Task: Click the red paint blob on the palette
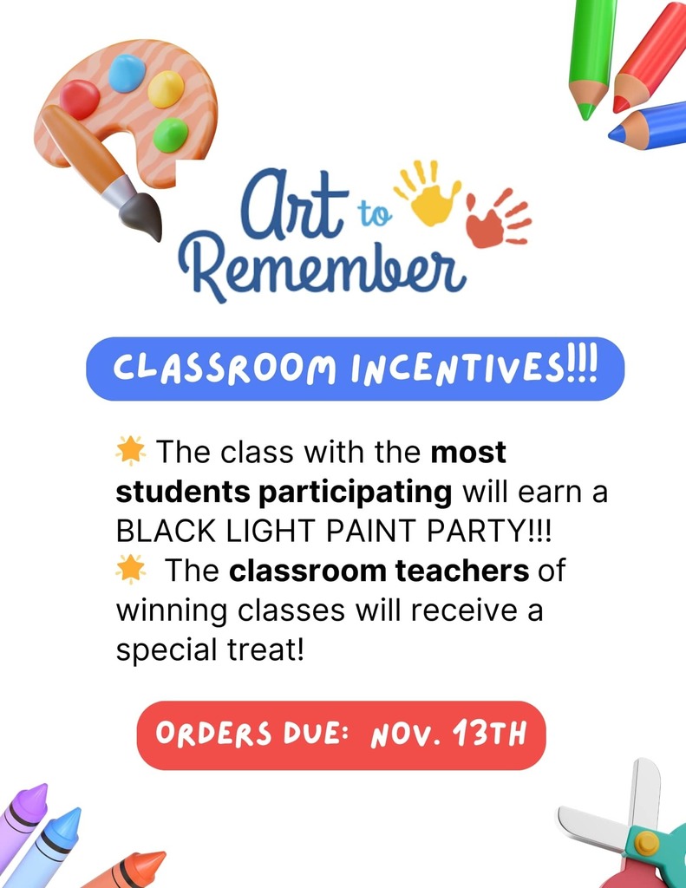(80, 99)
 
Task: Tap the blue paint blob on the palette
(127, 73)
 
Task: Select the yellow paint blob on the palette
(166, 89)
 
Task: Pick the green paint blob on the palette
(171, 134)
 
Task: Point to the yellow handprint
(428, 193)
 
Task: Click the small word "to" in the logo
(375, 214)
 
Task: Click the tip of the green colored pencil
(587, 116)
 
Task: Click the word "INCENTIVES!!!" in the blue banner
(474, 369)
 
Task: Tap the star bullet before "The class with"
(131, 451)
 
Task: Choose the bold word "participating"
(356, 493)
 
